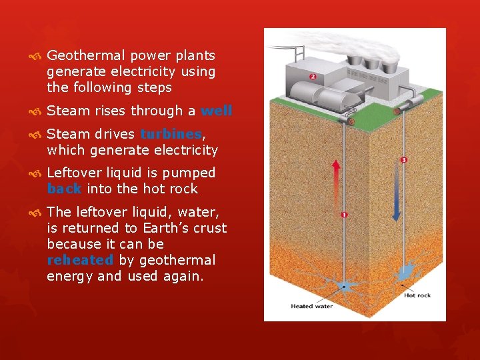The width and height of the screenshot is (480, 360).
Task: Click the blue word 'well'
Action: pyautogui.click(x=217, y=111)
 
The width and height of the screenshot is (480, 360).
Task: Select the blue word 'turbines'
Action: pyautogui.click(x=171, y=135)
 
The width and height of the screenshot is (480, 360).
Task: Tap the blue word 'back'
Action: pyautogui.click(x=64, y=189)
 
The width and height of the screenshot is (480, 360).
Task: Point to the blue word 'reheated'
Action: pyautogui.click(x=80, y=260)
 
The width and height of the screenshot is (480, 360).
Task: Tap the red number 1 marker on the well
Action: pyautogui.click(x=344, y=215)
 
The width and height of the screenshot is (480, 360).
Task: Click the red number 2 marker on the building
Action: pyautogui.click(x=313, y=77)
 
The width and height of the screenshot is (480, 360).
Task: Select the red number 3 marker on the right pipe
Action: pyautogui.click(x=404, y=160)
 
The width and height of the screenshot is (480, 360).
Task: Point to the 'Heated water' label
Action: pyautogui.click(x=311, y=307)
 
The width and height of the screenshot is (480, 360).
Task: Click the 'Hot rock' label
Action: pyautogui.click(x=417, y=295)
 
